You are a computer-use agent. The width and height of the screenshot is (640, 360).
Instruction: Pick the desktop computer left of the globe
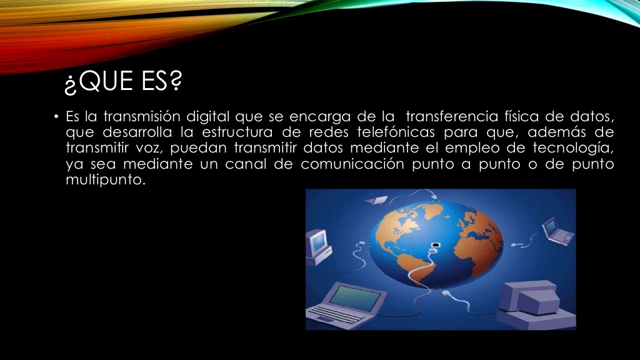pos(318,244)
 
